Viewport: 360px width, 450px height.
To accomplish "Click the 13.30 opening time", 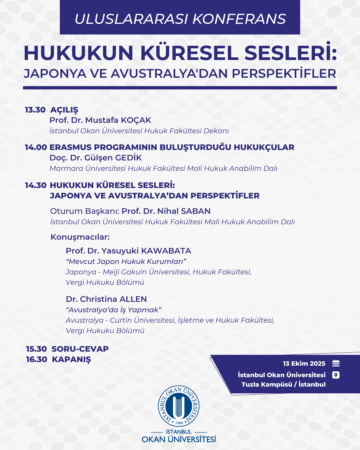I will (35, 110).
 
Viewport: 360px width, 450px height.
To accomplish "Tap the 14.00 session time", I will (36, 147).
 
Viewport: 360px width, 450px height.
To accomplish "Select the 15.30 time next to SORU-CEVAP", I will (36, 349).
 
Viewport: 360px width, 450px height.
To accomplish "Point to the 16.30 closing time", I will (37, 359).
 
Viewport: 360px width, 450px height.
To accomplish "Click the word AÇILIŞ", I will (64, 110).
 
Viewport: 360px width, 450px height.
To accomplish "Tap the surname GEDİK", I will (129, 158).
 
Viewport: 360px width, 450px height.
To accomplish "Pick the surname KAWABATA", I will (166, 251).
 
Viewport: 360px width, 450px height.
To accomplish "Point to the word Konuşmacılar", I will (80, 237).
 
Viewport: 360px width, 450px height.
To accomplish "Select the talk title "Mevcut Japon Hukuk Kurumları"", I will (126, 262).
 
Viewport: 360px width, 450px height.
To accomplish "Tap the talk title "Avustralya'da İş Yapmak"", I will (114, 310).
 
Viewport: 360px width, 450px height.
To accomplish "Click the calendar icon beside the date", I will (336, 363).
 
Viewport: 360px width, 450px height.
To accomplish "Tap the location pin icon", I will (336, 375).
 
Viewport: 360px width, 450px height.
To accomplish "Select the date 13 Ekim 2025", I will (304, 364).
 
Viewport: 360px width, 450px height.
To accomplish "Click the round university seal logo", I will (179, 406).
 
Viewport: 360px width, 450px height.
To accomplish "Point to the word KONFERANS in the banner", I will (239, 19).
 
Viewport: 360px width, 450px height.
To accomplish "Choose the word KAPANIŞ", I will (71, 360).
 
